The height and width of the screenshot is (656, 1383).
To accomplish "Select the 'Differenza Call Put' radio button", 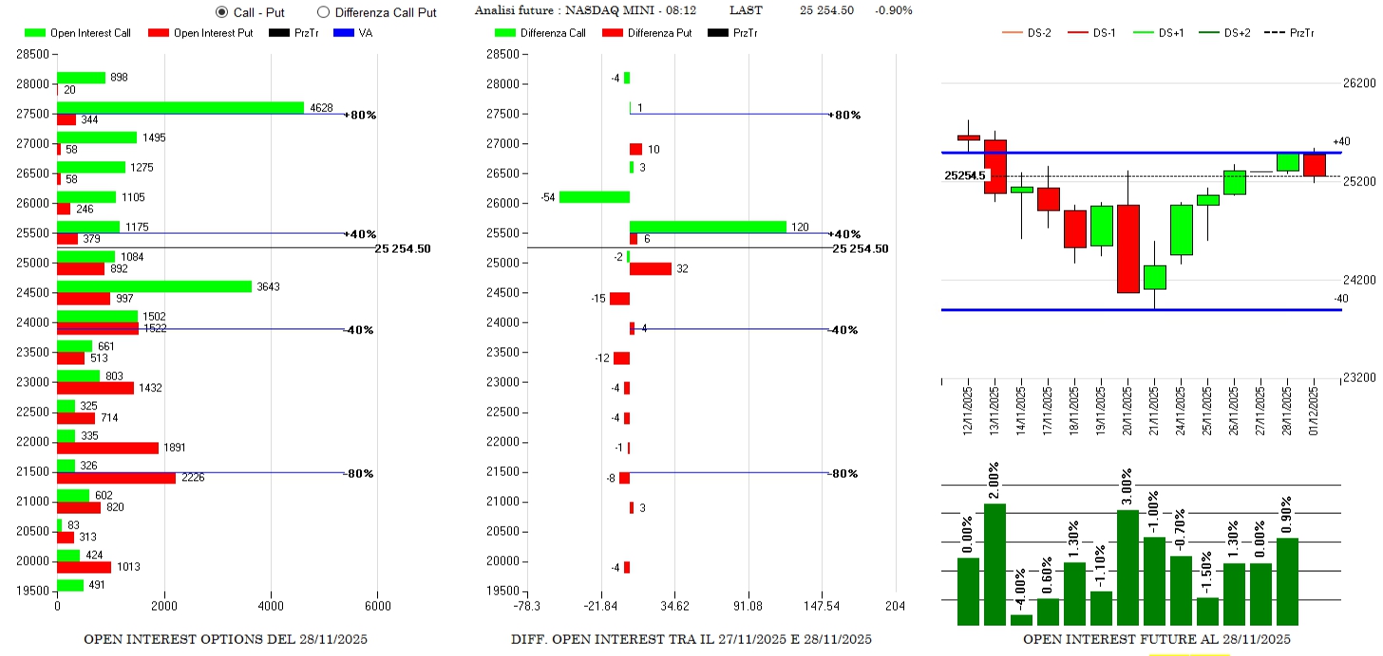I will (x=323, y=12).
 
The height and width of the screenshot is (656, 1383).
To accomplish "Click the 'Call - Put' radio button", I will (x=222, y=12).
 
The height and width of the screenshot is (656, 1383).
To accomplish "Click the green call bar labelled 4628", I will (x=180, y=107).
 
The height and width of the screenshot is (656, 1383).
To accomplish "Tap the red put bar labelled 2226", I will (x=116, y=478).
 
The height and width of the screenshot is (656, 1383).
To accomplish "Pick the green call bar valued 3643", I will (x=154, y=287).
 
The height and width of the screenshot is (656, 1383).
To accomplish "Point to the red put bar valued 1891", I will (x=107, y=448).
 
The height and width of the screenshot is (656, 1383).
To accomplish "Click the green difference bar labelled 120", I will (x=708, y=227).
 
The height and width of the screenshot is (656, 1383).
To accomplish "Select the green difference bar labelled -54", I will (x=594, y=197).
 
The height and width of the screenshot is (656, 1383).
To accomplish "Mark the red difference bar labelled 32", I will (x=651, y=269).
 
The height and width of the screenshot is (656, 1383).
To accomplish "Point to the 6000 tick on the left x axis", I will (x=377, y=606).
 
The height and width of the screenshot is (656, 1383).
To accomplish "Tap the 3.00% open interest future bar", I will (x=1127, y=567).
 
